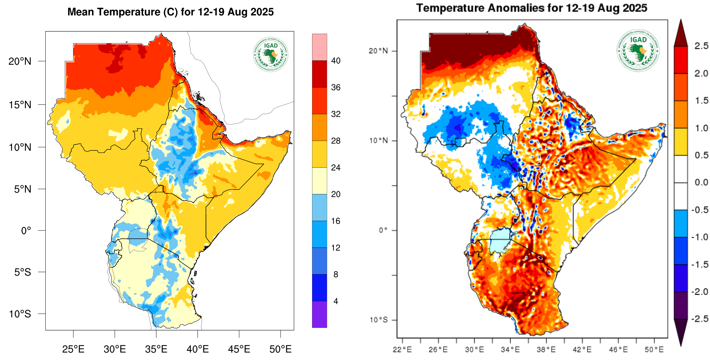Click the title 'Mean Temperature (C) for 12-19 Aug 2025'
tap(170, 12)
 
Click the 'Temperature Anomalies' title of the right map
tap(531, 8)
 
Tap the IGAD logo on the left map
tap(271, 54)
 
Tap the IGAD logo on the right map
tap(638, 50)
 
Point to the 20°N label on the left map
tap(20, 62)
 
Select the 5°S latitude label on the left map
tap(22, 272)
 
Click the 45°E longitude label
tap(239, 349)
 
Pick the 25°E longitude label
tap(73, 349)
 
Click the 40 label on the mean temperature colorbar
tap(336, 61)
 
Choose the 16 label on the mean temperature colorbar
tap(336, 221)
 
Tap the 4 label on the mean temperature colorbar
tap(336, 301)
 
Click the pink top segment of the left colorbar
tap(319, 47)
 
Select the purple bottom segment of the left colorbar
tap(319, 314)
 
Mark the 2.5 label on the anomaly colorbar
tap(701, 46)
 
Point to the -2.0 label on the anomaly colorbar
tap(699, 292)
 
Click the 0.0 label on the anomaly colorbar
tap(701, 182)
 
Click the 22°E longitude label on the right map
tap(402, 350)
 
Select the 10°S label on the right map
tap(379, 320)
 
